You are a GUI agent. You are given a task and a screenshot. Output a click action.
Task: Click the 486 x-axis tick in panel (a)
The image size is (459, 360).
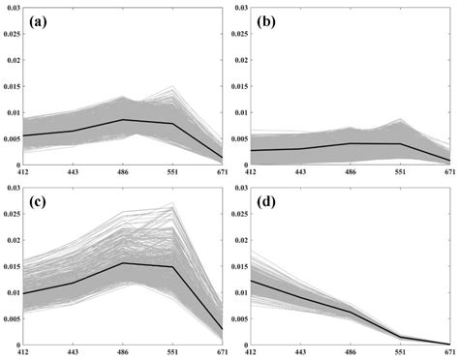123,171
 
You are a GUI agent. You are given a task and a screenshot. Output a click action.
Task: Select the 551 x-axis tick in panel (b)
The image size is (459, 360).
400,171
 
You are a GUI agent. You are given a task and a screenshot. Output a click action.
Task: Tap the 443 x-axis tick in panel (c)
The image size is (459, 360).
73,353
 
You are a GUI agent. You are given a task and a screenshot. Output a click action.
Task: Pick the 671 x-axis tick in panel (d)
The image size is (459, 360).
449,353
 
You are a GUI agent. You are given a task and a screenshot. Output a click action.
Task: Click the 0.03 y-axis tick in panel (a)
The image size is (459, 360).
11,7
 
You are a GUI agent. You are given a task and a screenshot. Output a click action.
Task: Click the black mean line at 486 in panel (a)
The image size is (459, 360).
123,119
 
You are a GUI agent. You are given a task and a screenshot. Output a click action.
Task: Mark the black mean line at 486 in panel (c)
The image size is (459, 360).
123,263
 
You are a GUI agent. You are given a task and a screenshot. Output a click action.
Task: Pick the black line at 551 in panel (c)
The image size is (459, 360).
172,267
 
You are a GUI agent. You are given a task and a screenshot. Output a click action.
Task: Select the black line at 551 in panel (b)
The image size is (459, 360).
400,143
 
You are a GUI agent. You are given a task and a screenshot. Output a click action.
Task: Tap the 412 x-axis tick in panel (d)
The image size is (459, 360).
250,353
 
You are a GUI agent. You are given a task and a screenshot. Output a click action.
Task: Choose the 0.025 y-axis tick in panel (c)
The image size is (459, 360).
11,214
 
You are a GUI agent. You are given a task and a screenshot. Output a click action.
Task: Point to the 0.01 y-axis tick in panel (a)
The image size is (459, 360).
11,111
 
